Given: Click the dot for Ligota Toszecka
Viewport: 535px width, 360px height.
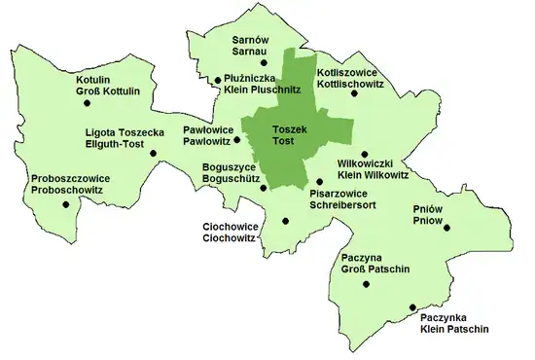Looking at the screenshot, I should coord(165,151).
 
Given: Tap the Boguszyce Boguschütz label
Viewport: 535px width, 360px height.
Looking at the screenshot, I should coord(231,173).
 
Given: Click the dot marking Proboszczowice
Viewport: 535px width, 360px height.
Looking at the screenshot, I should coord(65,204).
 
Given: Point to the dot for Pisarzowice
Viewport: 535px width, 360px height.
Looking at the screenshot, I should coord(319,181).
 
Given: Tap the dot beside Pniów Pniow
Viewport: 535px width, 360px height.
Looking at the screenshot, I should coord(448,226).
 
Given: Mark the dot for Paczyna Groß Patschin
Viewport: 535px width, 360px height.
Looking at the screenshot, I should coord(366,284).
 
